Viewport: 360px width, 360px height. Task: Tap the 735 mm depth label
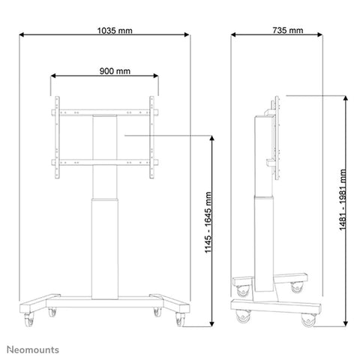[289, 31]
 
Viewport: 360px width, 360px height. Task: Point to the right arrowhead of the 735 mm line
[342, 35]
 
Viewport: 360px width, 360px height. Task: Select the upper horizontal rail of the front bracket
[105, 114]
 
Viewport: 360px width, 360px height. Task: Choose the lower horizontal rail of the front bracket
[105, 162]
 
